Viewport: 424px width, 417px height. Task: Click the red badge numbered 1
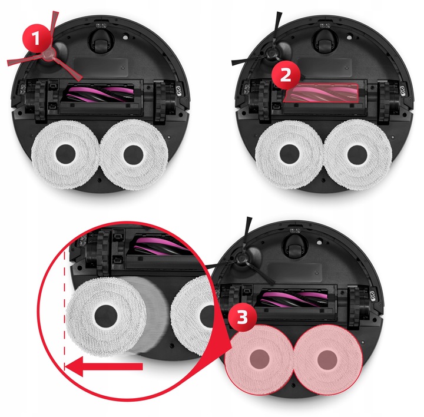pyautogui.click(x=37, y=39)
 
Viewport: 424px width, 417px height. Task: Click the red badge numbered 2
pyautogui.click(x=286, y=75)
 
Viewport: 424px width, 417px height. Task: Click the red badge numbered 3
pyautogui.click(x=243, y=317)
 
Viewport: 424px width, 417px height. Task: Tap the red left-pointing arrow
pyautogui.click(x=104, y=366)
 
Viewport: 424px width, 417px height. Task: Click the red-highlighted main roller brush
pyautogui.click(x=322, y=93)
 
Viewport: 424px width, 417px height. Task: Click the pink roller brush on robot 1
pyautogui.click(x=99, y=93)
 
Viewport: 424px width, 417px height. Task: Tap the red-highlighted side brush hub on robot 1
pyautogui.click(x=49, y=55)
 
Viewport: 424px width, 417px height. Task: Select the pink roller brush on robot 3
pyautogui.click(x=293, y=298)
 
